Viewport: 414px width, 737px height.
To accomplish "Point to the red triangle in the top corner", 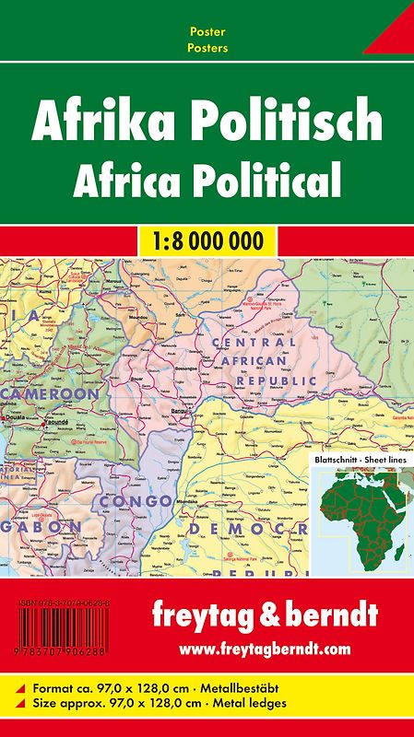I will (x=392, y=37).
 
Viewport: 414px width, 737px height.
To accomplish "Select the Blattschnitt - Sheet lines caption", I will (x=357, y=457).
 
